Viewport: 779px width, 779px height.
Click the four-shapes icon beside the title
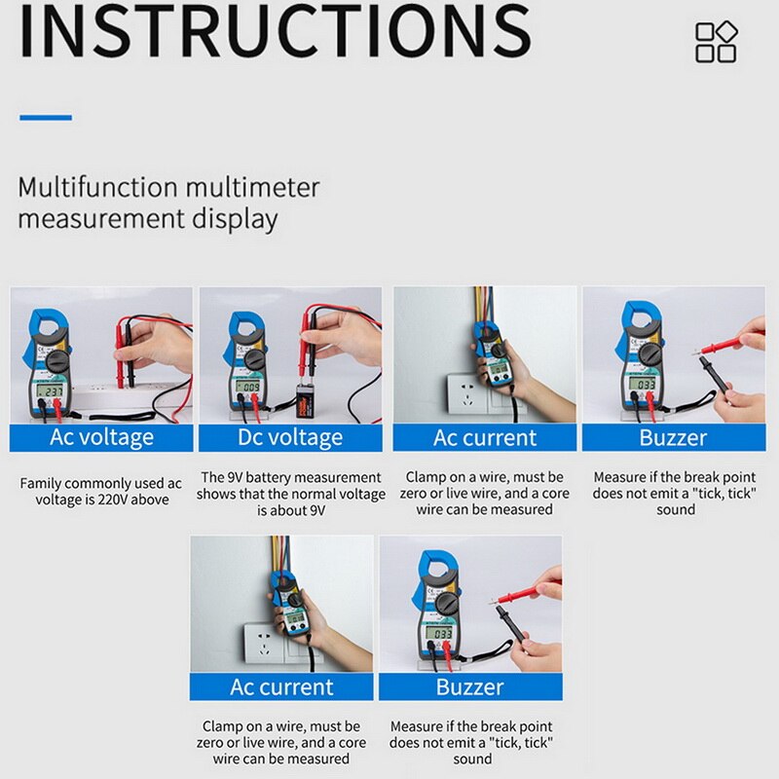click(716, 42)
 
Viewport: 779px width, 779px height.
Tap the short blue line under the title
click(46, 118)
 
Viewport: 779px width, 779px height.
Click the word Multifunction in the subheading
click(97, 186)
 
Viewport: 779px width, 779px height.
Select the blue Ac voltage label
click(101, 437)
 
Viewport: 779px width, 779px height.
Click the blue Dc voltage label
click(290, 437)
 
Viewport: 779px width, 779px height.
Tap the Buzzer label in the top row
click(673, 437)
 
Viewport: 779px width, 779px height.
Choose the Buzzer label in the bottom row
click(470, 686)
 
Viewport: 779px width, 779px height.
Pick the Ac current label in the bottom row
click(281, 686)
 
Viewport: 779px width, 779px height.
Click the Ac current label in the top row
click(485, 437)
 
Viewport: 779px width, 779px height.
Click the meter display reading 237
click(51, 390)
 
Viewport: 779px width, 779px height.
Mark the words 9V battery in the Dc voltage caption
click(250, 477)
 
